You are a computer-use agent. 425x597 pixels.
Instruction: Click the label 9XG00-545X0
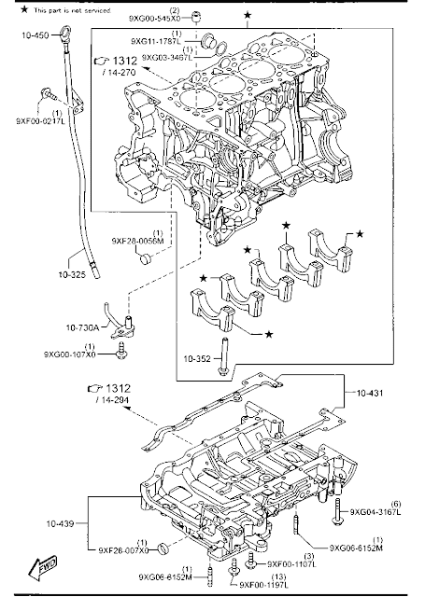click(x=154, y=17)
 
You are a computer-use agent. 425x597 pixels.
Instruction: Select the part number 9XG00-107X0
click(x=71, y=354)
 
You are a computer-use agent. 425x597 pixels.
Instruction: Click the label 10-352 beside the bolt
click(x=197, y=357)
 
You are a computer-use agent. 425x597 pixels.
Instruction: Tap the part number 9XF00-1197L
click(x=269, y=584)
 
